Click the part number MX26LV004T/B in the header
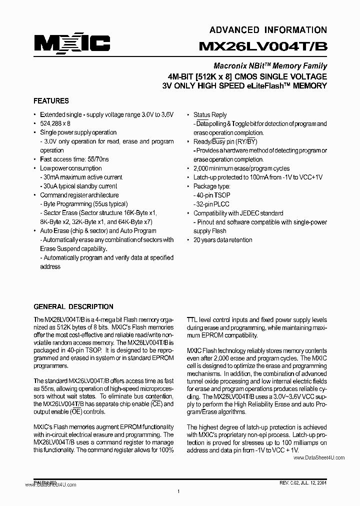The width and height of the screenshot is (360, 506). coord(263,46)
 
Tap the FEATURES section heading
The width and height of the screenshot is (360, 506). coord(51,100)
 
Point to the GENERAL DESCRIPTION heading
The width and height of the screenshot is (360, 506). coord(73,306)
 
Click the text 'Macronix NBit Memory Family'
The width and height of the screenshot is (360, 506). coord(270,66)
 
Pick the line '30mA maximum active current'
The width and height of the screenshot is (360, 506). coord(81,177)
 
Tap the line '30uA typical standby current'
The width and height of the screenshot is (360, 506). coord(80,186)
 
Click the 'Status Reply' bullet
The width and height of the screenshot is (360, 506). coord(210,114)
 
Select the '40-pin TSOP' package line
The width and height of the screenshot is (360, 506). coord(212,195)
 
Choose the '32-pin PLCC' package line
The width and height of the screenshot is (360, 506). coord(212,204)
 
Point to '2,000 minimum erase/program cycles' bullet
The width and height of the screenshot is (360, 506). coord(241,168)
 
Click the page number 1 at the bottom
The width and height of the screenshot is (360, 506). coord(178,492)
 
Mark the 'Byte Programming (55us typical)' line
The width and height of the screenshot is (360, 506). coord(84,204)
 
